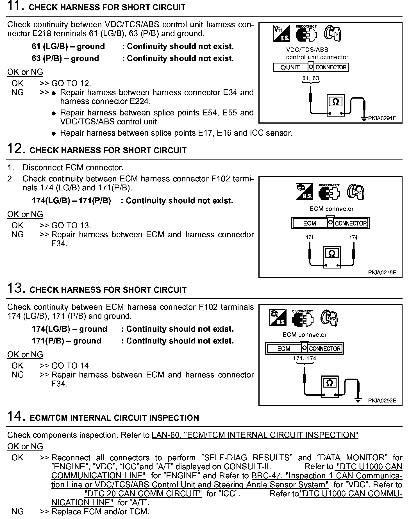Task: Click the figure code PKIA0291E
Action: pos(382,119)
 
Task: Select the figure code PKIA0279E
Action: pos(382,272)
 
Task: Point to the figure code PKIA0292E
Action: pos(382,401)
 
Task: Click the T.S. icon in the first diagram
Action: pos(281,33)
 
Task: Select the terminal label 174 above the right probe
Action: pos(353,238)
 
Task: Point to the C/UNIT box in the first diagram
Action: pos(290,67)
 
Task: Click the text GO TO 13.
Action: pos(71,226)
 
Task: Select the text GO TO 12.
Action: pos(71,83)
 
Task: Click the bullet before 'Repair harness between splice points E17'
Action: pos(54,133)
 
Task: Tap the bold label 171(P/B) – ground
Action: pos(66,341)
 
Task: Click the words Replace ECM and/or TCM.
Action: pos(100,511)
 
